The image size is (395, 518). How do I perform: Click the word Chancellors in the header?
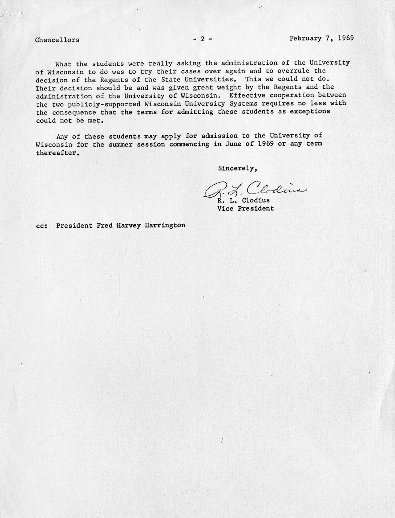tap(57, 40)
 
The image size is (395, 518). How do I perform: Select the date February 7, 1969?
tap(321, 38)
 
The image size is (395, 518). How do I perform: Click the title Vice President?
tap(245, 208)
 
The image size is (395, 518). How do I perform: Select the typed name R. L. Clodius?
tap(243, 200)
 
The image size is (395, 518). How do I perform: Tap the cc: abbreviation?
tap(42, 226)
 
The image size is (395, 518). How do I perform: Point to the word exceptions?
tap(311, 112)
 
